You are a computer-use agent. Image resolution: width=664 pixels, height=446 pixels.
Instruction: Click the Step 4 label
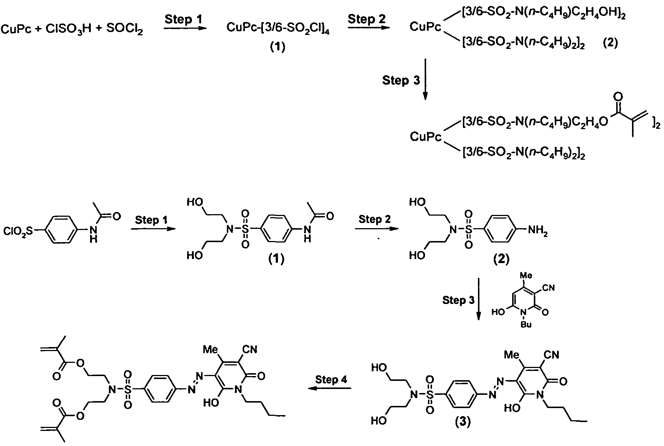(x=331, y=379)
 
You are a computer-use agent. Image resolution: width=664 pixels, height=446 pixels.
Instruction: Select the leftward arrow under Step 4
(x=329, y=388)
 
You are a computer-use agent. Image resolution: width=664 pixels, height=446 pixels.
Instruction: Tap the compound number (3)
(x=463, y=422)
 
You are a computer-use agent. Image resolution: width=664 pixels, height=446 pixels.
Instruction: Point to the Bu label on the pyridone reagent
(x=526, y=325)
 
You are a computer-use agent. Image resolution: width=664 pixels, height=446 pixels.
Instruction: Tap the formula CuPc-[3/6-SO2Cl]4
(x=278, y=28)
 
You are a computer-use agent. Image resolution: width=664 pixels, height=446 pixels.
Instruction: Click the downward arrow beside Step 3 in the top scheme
(x=425, y=79)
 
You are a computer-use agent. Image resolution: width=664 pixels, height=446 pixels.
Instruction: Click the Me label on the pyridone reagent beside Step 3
(x=526, y=275)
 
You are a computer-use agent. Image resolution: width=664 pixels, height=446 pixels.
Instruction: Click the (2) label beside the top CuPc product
(x=610, y=43)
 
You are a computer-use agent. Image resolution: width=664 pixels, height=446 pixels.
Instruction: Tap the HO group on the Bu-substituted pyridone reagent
(x=499, y=312)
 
